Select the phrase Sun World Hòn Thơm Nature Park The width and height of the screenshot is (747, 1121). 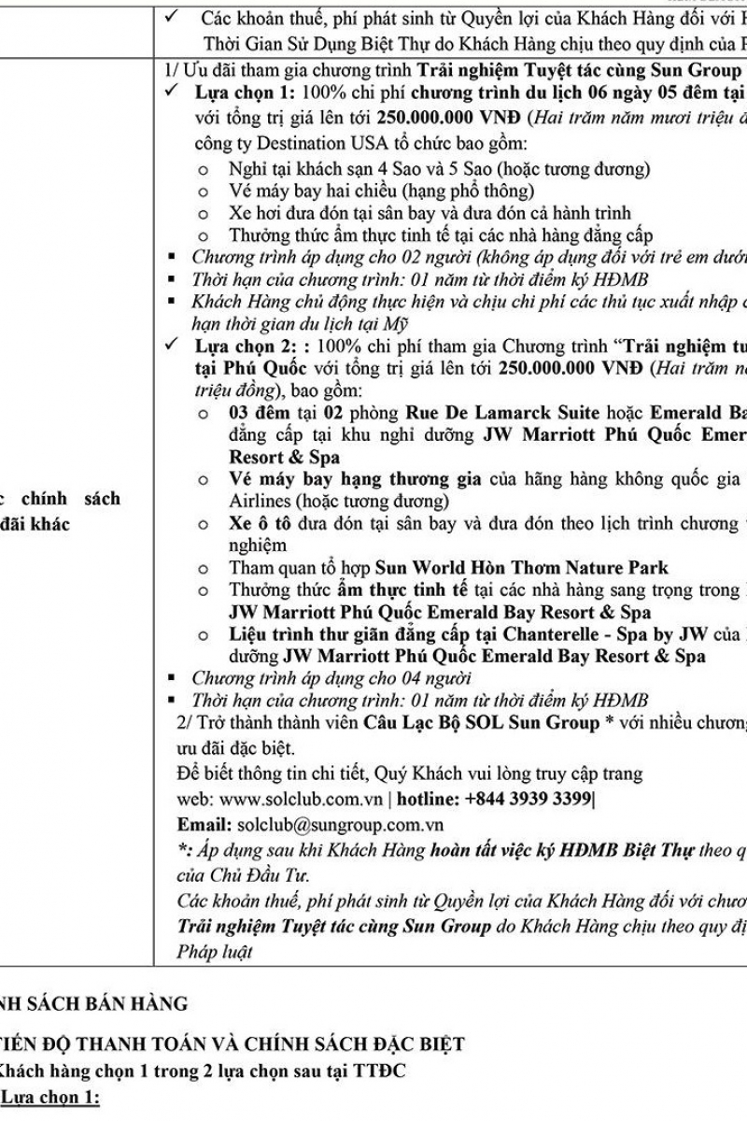pos(521,567)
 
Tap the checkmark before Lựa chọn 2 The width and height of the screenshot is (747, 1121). pos(170,345)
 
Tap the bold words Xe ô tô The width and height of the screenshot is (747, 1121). pos(257,523)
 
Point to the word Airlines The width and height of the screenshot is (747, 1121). pos(260,500)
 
